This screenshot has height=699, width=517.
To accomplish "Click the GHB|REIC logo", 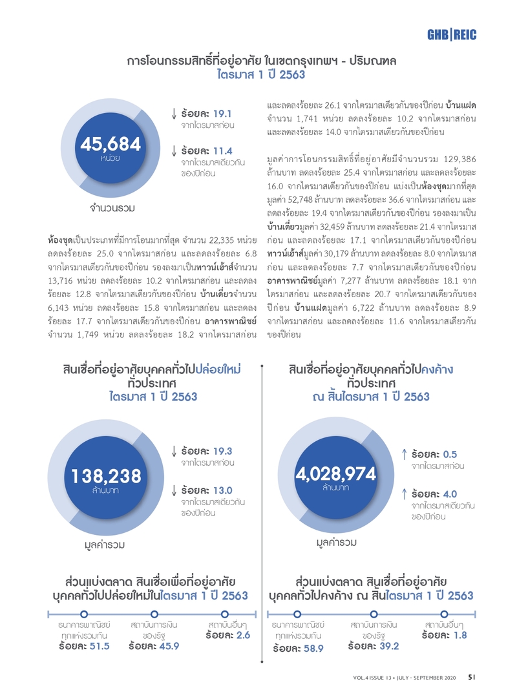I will click(452, 34).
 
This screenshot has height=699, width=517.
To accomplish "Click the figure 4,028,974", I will click(336, 474).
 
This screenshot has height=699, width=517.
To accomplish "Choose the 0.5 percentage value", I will click(450, 454).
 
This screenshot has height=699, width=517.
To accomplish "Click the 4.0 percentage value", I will click(450, 494).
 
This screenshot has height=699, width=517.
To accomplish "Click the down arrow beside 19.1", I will click(174, 112).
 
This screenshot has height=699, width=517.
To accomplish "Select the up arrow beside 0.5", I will click(404, 454).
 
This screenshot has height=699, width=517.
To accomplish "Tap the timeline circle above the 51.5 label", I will click(83, 614).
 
